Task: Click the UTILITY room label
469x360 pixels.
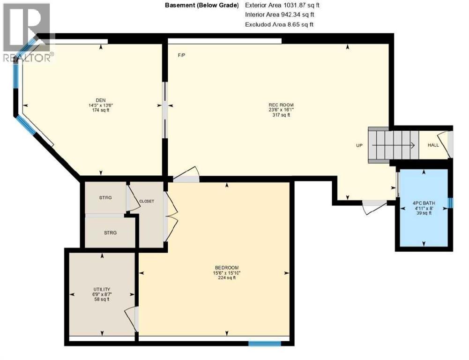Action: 101,289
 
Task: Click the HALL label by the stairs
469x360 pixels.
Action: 433,145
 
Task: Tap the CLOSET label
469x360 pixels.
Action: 146,201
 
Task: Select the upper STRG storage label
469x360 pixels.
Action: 105,198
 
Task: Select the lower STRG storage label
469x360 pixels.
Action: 110,232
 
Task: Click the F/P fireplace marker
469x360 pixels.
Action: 181,55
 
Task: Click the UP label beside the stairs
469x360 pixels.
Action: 359,145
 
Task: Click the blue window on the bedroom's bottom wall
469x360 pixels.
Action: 264,343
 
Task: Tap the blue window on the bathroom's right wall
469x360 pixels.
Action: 450,202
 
